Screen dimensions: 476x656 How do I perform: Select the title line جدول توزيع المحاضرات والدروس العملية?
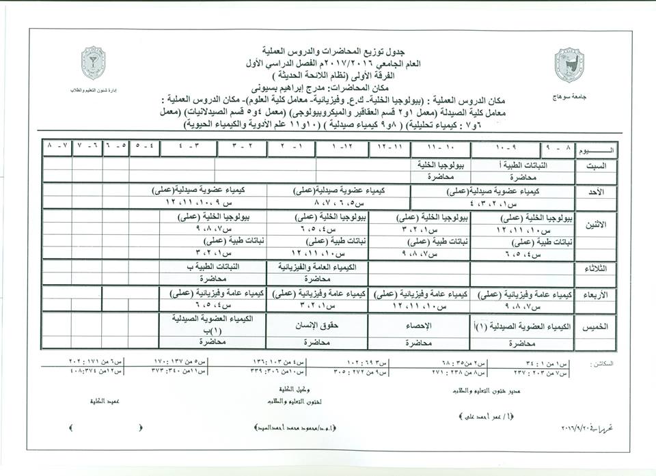click(322, 51)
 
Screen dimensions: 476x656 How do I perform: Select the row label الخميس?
click(591, 327)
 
